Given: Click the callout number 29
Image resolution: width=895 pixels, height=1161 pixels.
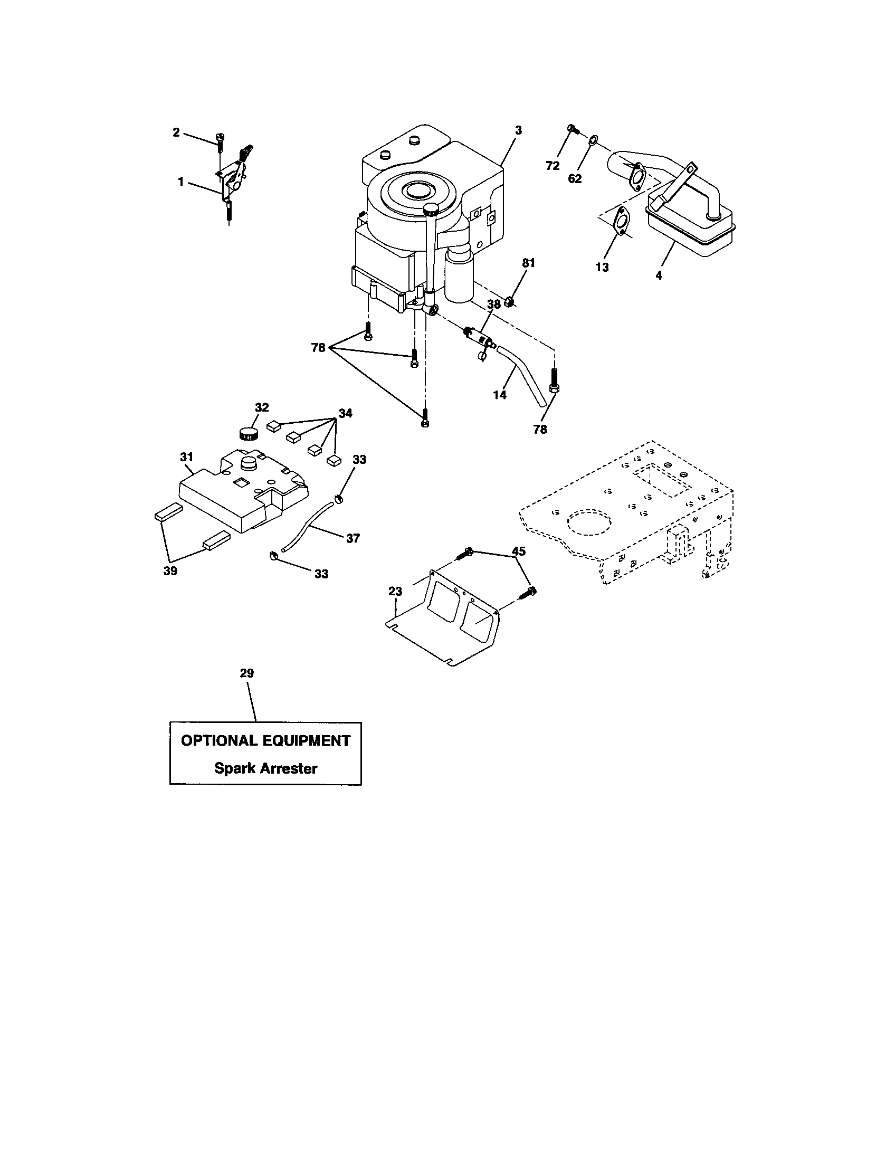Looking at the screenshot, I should tap(246, 673).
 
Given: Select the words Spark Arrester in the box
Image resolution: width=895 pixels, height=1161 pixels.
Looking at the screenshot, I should tap(265, 768).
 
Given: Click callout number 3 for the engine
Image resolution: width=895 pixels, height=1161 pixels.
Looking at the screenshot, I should tap(518, 130).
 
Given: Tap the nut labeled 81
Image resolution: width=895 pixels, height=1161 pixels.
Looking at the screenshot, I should tap(509, 302).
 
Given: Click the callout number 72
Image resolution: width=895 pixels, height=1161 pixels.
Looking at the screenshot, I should tap(553, 166).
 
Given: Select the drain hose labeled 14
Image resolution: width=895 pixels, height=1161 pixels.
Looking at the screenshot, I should tap(523, 375).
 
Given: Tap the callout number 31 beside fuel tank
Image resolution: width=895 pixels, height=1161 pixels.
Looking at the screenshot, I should tap(187, 456).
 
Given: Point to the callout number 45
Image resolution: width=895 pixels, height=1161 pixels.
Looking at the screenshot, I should tap(518, 551).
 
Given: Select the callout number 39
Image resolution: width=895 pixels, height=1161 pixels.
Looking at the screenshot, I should tap(170, 571).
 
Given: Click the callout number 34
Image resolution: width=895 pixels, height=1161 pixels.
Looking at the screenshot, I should tap(346, 413).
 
